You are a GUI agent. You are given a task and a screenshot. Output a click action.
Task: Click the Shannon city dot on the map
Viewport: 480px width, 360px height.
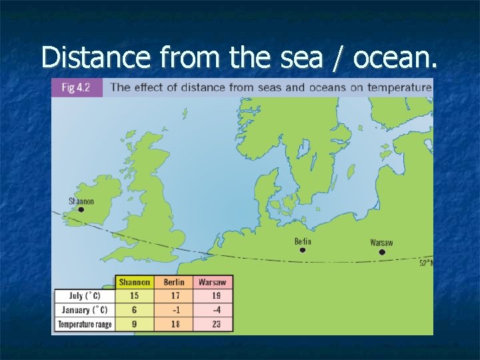point(81,209)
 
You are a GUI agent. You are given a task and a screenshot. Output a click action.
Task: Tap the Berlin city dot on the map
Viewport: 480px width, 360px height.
point(303,250)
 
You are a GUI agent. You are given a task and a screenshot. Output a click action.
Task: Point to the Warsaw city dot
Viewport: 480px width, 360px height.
point(382,252)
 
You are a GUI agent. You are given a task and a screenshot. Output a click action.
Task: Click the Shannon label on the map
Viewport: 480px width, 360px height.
point(81,201)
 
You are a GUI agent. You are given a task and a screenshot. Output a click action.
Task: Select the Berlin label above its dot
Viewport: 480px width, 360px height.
point(303,241)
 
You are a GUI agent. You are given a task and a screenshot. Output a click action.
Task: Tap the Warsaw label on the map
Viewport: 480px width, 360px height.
point(381,243)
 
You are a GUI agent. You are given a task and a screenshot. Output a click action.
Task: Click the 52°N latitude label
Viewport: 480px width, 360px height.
point(426,263)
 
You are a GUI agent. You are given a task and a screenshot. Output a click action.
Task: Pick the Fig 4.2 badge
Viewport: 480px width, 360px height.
point(77,87)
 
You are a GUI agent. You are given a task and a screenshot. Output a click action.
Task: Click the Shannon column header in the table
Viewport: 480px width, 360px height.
point(135,282)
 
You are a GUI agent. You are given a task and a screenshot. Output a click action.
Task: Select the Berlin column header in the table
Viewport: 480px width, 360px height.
point(174,282)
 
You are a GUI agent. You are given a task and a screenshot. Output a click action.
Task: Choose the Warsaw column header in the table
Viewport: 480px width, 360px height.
point(213,282)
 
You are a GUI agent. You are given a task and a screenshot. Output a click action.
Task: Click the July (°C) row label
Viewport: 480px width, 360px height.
point(84,296)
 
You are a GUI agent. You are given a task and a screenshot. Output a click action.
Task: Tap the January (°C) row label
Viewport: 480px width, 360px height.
point(84,310)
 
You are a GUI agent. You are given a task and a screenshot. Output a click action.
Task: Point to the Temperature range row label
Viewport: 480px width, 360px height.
point(84,324)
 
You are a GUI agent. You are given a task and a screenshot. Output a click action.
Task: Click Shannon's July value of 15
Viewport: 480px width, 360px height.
point(135,296)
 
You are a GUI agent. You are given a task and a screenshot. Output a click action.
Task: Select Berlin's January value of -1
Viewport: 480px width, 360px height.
point(174,310)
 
